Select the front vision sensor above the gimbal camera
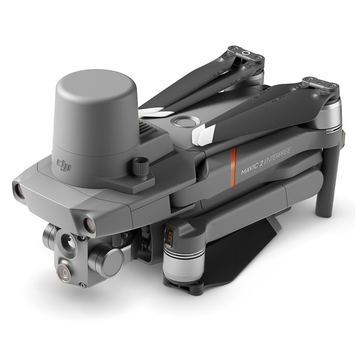click(89, 222)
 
